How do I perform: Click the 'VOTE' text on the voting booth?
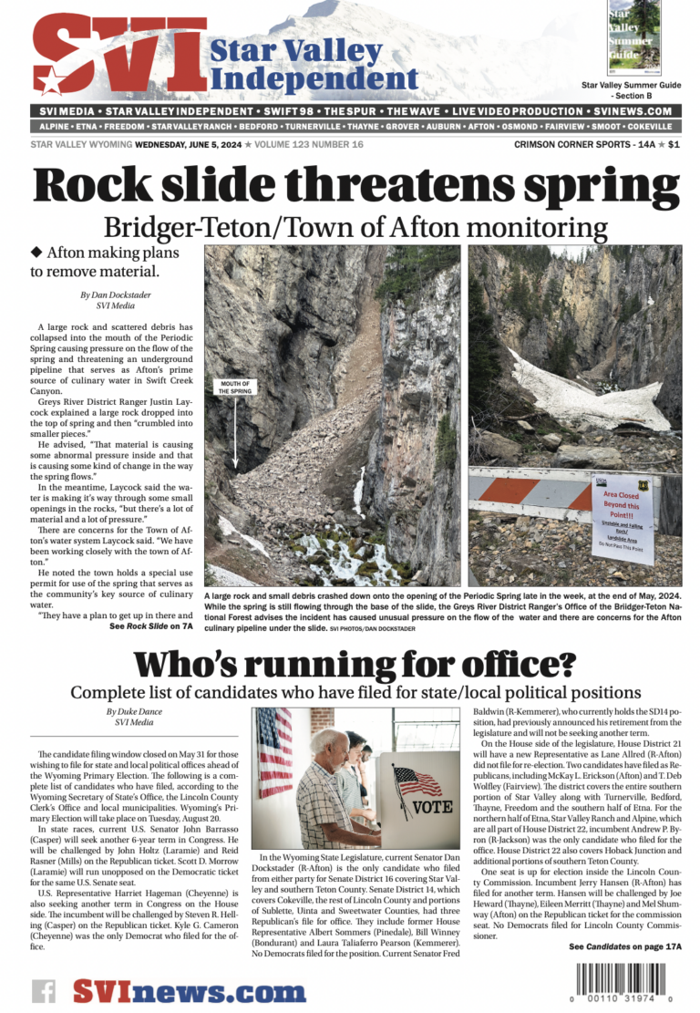[427, 807]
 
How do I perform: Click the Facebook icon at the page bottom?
[44, 992]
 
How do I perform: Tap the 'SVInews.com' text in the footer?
[190, 991]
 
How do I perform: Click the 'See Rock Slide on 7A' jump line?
[151, 626]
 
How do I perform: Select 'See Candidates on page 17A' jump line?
[625, 946]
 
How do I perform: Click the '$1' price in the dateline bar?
[674, 144]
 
